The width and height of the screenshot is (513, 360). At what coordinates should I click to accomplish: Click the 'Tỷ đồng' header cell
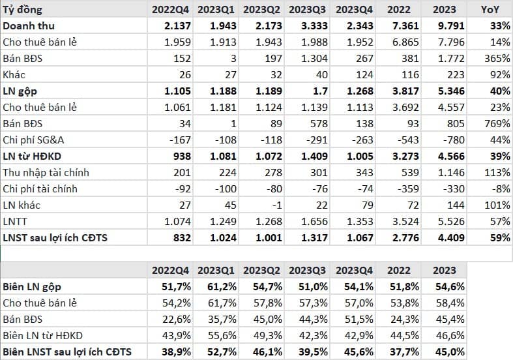tap(22, 10)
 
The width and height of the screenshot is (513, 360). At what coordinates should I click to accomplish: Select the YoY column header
tap(490, 10)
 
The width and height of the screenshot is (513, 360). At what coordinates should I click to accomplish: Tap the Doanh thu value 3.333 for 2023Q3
tap(314, 26)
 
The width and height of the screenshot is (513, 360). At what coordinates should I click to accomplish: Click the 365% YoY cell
tap(497, 58)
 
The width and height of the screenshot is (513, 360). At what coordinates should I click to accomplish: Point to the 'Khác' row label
tap(14, 74)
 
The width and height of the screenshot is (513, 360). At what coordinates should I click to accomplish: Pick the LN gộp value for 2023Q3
tap(320, 91)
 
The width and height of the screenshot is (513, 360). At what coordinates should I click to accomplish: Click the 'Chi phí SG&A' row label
tap(33, 140)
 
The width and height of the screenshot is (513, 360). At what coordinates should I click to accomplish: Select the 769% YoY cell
tap(497, 124)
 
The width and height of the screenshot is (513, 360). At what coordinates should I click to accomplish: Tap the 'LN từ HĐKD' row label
tap(32, 156)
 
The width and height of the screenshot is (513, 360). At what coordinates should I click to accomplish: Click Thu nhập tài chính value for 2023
tap(451, 172)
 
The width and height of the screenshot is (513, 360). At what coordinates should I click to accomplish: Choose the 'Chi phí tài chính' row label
tap(40, 189)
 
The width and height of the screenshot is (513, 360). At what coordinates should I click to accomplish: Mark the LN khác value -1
tap(276, 205)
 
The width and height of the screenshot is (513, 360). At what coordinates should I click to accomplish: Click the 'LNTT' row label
tap(15, 222)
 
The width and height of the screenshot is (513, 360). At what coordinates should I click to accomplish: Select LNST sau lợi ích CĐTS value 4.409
tap(451, 238)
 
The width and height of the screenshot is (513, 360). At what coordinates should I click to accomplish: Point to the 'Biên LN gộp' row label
tap(32, 287)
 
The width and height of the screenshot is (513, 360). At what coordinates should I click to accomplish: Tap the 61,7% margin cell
tap(222, 303)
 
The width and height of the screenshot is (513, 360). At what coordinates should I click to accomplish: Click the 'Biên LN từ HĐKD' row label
tap(42, 336)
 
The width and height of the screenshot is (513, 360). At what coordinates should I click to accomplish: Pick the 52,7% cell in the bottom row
tap(222, 352)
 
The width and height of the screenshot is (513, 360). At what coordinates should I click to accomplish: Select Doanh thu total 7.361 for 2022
tap(405, 26)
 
